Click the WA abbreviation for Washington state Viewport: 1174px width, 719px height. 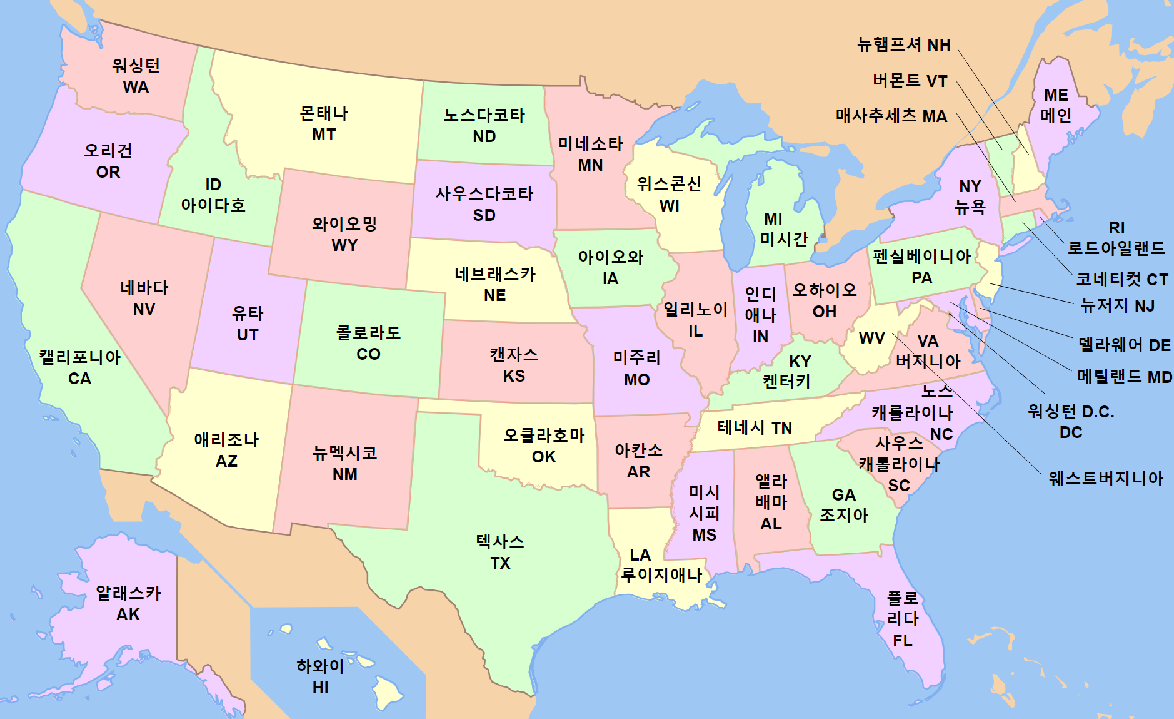[136, 87]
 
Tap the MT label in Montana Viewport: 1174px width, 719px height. [324, 135]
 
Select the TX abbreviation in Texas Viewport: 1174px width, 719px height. [500, 563]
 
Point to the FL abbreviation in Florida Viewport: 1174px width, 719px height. [902, 641]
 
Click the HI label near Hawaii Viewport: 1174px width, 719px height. [320, 688]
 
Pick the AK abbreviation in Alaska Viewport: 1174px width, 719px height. [128, 614]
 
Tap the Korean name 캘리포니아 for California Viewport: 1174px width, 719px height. [79, 357]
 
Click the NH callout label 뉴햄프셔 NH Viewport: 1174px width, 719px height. [903, 45]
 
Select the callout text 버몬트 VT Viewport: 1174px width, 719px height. [910, 81]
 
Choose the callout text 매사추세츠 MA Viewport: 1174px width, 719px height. [891, 116]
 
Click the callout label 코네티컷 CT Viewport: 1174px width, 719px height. [1121, 279]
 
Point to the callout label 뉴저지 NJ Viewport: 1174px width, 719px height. [1117, 306]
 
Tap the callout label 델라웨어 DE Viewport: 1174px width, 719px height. [1124, 345]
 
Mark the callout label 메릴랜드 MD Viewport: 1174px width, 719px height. [1124, 377]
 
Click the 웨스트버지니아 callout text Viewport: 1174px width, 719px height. [1105, 479]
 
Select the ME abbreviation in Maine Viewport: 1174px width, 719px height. [1056, 95]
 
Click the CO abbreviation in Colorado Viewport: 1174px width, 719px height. [368, 354]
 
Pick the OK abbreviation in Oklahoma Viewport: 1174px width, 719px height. [544, 457]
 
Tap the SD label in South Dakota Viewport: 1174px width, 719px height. [484, 215]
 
